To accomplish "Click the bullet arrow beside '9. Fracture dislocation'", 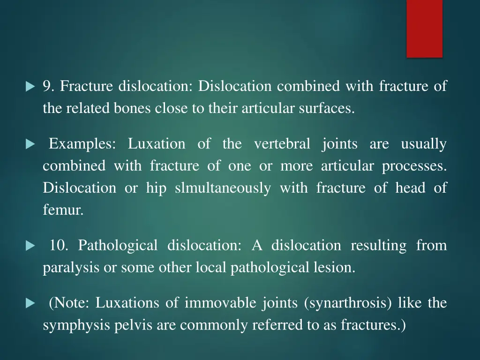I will point(30,87).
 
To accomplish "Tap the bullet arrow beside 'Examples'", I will point(30,144).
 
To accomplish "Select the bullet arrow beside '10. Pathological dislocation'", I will point(30,246).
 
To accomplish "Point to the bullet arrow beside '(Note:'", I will point(30,303).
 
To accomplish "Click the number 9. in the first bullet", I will point(49,86).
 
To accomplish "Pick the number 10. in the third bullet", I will point(59,246).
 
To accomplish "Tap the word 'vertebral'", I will point(282,144).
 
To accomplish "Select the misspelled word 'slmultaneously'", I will point(223,188).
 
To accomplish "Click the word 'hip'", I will point(156,188).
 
